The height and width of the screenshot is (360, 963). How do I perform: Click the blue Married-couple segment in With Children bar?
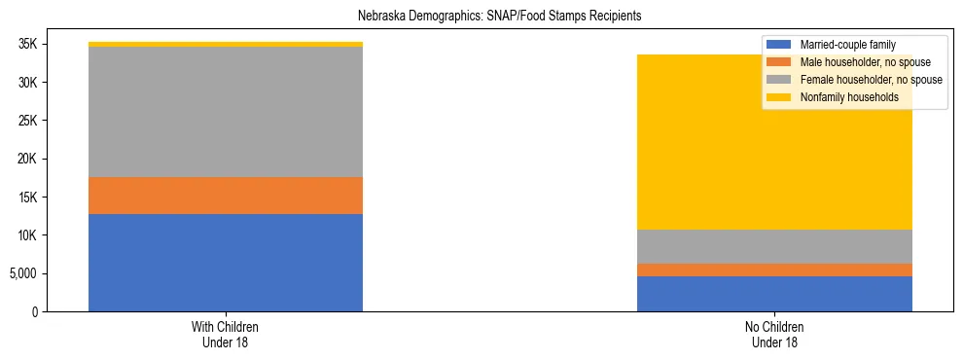(226, 263)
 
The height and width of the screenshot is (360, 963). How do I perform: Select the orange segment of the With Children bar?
(226, 196)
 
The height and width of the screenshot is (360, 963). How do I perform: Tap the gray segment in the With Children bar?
(226, 112)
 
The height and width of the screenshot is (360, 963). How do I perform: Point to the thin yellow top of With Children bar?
(226, 44)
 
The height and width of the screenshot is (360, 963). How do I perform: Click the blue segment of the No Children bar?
(774, 294)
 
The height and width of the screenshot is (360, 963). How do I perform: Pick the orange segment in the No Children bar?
(774, 270)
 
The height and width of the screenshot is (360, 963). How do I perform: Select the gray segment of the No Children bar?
(774, 247)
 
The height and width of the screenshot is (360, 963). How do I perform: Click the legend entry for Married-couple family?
(847, 45)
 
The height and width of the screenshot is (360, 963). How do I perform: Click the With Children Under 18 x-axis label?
(226, 334)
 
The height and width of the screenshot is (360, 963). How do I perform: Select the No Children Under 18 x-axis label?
(774, 334)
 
